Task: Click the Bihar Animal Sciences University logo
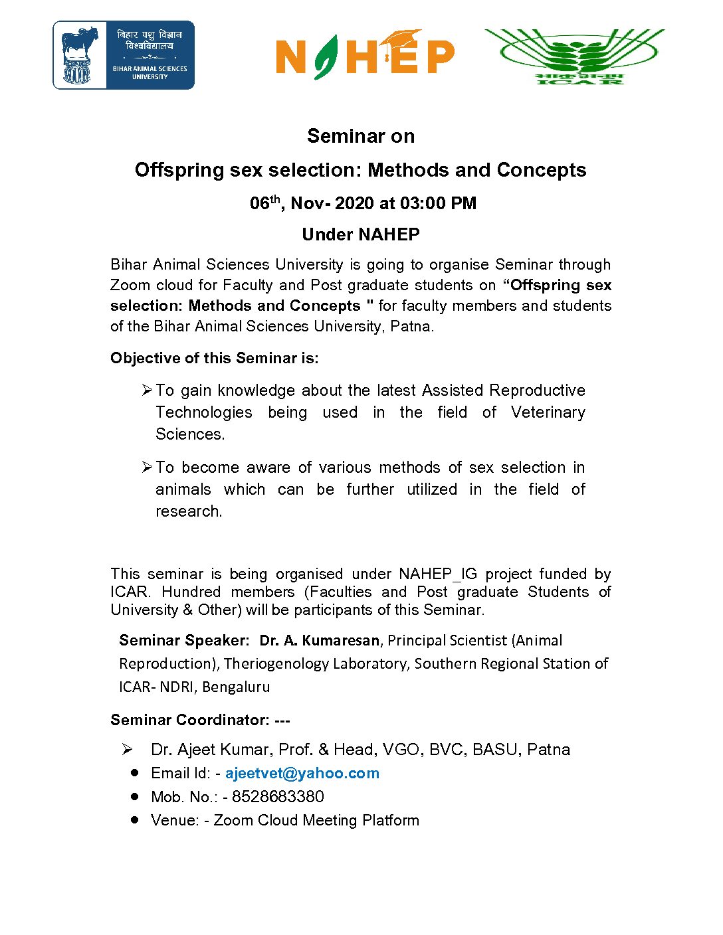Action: (x=124, y=55)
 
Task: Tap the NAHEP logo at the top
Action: (x=365, y=55)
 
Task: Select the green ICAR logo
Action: (x=575, y=56)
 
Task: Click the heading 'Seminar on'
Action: (x=361, y=136)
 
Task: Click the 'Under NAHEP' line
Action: (x=361, y=234)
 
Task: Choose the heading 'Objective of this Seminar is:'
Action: (x=215, y=358)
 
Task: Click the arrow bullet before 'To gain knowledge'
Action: (x=148, y=390)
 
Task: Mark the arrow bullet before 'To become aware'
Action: (x=148, y=467)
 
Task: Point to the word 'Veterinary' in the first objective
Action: (x=548, y=412)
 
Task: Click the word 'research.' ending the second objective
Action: (x=189, y=511)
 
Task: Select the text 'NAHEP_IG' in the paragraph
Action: (x=438, y=574)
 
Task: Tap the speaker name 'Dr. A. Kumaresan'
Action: (x=320, y=641)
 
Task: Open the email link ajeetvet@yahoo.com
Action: (x=302, y=773)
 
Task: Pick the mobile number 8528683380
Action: (x=278, y=796)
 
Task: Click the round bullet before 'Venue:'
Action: (x=135, y=819)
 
